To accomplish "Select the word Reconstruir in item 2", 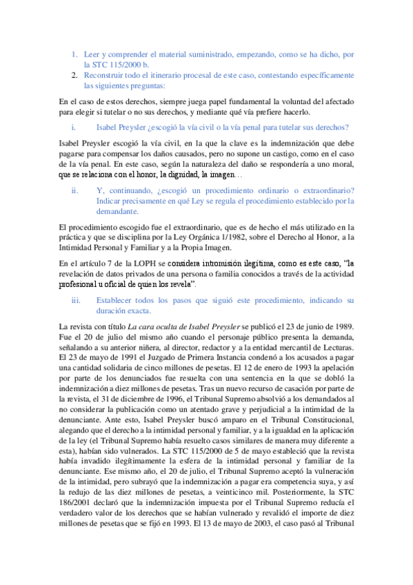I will (105, 75).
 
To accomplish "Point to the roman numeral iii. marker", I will (75, 300).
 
